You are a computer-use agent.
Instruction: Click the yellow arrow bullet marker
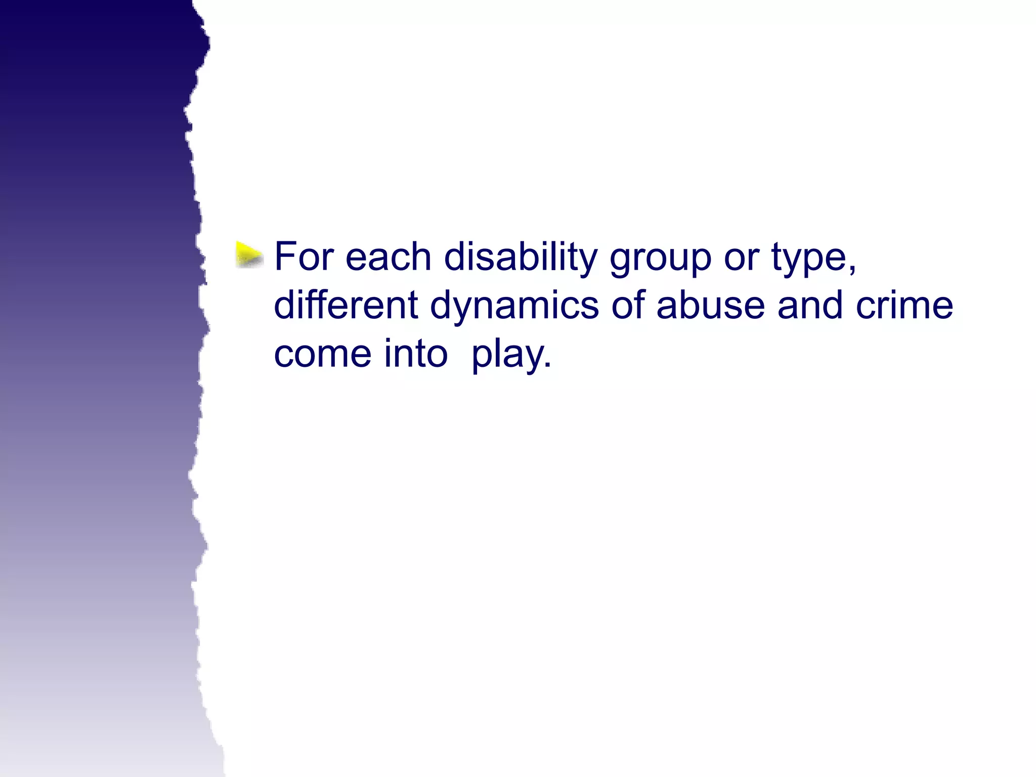coord(249,254)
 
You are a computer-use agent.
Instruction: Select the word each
coord(388,256)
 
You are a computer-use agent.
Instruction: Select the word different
coord(346,305)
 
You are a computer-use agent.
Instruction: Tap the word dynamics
coord(514,307)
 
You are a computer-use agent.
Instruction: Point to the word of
coord(627,305)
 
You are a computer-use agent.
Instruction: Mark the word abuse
coord(710,305)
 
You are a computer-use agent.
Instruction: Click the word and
coord(810,305)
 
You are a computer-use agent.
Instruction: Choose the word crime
coord(904,305)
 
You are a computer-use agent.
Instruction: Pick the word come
coord(323,354)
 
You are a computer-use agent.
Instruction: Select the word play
coord(507,355)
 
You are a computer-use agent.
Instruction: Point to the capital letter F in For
coord(284,256)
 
